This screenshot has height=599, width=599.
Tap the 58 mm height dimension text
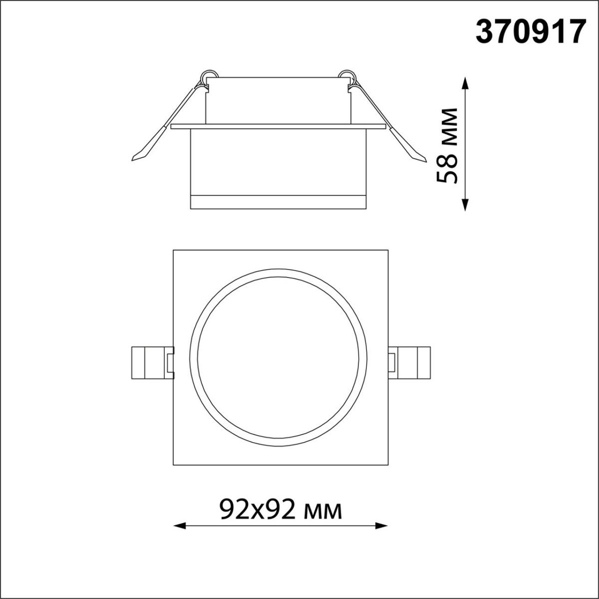tap(447, 146)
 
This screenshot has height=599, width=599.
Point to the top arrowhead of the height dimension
tap(465, 83)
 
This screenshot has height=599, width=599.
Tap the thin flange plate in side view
tap(279, 126)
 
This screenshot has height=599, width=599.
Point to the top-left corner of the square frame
tap(174, 250)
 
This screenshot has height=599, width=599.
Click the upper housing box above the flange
tap(279, 100)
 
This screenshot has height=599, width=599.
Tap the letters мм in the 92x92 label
tap(325, 511)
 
